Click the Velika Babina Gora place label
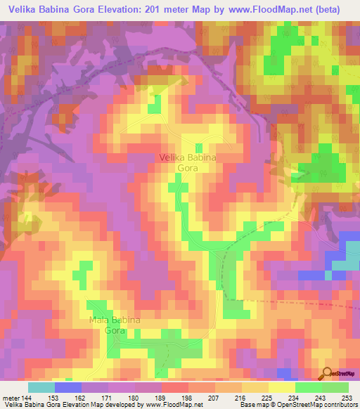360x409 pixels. [x=187, y=163]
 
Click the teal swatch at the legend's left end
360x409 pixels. [x=41, y=387]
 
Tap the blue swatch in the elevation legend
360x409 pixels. [x=68, y=387]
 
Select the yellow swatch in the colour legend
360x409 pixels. [x=281, y=387]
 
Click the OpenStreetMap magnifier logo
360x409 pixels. [x=327, y=373]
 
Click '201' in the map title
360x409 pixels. [x=150, y=9]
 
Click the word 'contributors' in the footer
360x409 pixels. [x=340, y=405]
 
